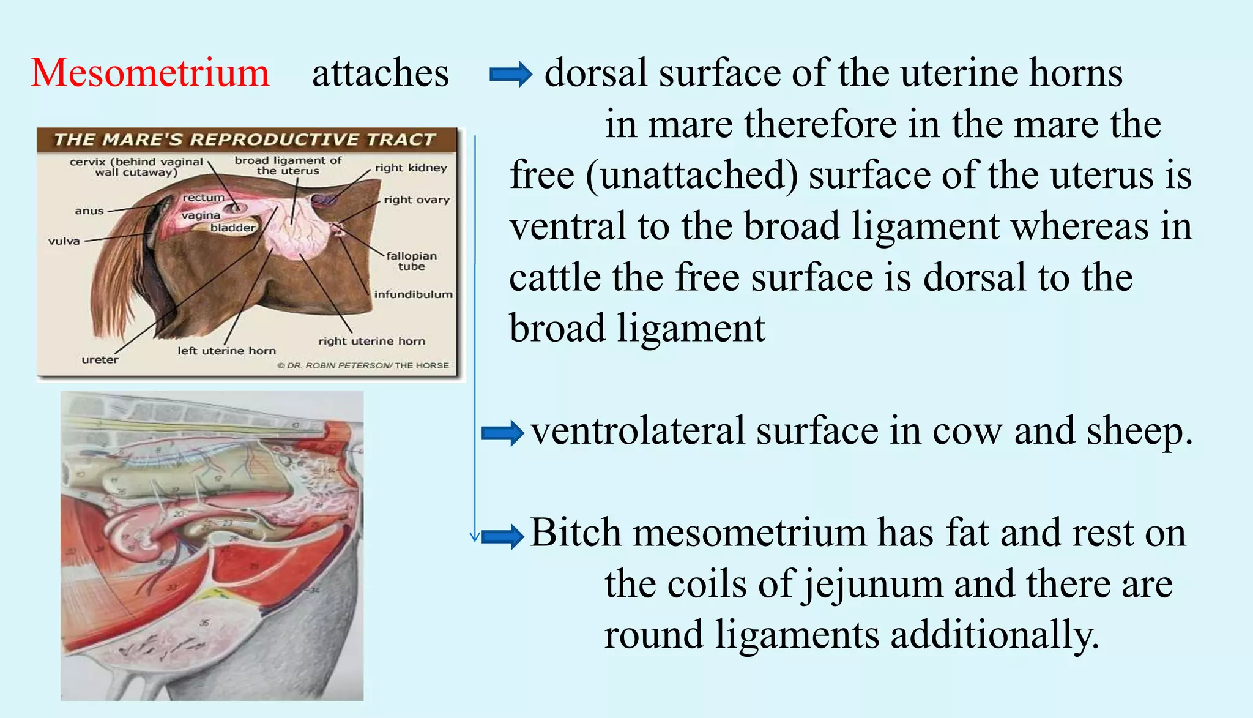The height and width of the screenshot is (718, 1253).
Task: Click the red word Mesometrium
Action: tap(150, 73)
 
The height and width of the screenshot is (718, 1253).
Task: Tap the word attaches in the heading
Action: tap(380, 73)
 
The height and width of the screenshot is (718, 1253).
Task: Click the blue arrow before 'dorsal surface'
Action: tap(510, 75)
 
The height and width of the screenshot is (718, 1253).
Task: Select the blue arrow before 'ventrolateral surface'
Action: tap(502, 433)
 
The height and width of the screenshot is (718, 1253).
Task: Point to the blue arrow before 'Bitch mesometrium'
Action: tap(502, 536)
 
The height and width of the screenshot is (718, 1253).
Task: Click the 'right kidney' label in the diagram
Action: tap(411, 168)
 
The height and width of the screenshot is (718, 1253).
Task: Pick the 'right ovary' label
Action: tap(417, 200)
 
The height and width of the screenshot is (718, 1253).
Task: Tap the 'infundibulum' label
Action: tap(413, 294)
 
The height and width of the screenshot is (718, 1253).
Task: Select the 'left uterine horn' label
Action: tap(226, 351)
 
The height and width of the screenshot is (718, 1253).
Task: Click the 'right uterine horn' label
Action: tap(371, 341)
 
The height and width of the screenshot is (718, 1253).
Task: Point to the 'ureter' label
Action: tap(100, 360)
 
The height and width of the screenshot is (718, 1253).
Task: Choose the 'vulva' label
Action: tap(64, 241)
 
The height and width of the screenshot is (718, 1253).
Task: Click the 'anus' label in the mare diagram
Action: tap(89, 211)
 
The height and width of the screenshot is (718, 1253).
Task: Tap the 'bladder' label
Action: tap(232, 228)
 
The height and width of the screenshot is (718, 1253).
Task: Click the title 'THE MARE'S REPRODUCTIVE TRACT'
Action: tap(245, 140)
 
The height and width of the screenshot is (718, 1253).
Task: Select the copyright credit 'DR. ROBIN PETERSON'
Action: tap(338, 365)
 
